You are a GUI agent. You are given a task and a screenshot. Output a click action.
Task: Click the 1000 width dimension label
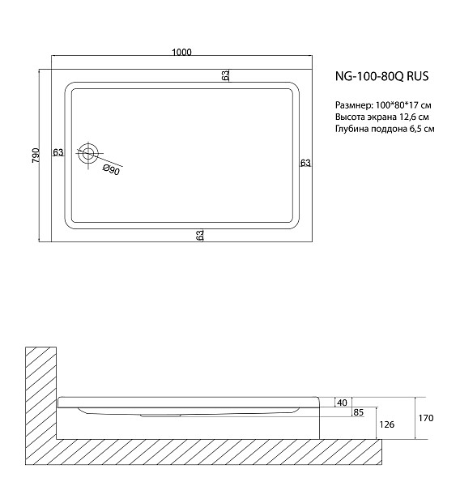181,53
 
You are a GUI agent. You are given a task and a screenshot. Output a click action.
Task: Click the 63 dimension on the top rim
225,75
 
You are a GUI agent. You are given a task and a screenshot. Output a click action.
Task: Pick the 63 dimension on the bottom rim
199,235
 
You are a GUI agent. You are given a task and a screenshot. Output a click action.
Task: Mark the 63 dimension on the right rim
305,163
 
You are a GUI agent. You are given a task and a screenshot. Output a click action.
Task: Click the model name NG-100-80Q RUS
381,78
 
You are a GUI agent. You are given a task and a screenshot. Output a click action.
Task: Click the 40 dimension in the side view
342,403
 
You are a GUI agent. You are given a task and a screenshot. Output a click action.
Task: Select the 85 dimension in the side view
357,413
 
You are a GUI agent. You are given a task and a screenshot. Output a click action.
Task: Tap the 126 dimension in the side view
387,424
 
